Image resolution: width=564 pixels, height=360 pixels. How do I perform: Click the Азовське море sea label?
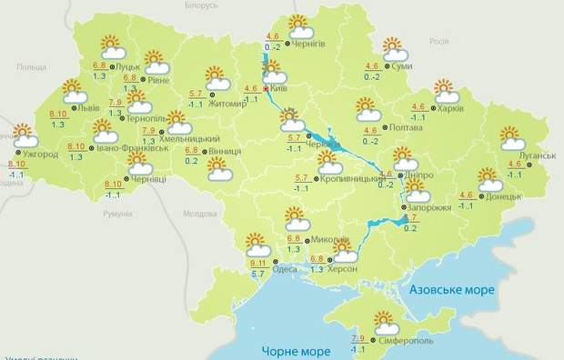[x=452, y=290]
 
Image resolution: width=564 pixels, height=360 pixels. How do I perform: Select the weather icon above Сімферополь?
[x=387, y=323]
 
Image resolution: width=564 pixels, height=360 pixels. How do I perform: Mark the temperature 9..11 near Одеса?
[x=259, y=263]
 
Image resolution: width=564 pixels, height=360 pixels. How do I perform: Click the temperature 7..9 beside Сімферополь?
[x=358, y=339]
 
